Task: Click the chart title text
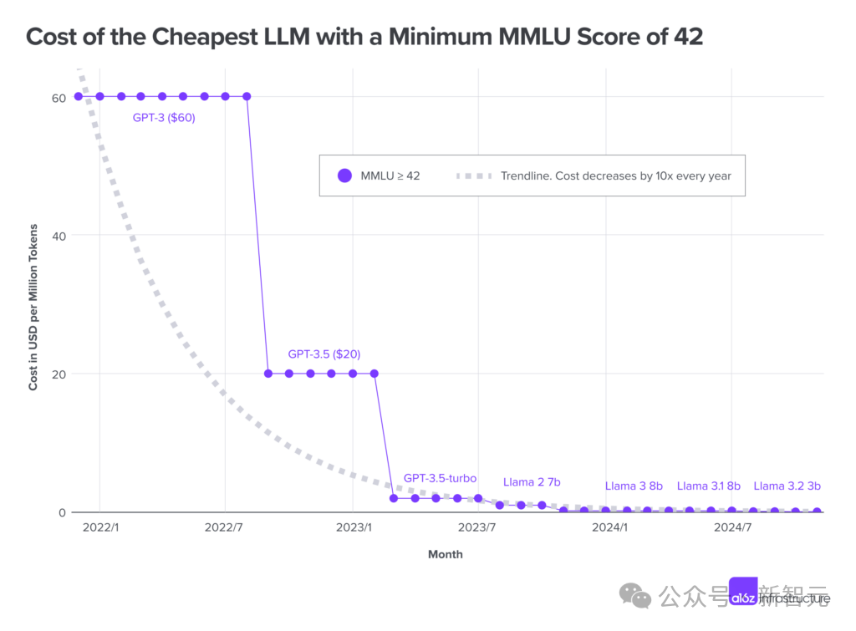(364, 36)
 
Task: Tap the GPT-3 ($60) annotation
(164, 118)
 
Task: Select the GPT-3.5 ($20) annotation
(324, 354)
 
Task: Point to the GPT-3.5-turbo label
(440, 478)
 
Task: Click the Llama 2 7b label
(532, 482)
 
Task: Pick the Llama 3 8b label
(634, 486)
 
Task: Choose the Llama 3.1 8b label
(709, 486)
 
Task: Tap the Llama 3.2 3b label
(787, 486)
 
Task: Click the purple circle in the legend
(344, 176)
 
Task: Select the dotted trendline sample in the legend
(473, 176)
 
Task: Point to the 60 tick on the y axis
(58, 96)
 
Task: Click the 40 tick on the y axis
(58, 235)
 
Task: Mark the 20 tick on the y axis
(58, 374)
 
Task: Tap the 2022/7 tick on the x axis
(225, 527)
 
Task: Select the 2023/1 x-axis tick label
(353, 527)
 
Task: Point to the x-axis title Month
(445, 554)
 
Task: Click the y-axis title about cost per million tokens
(33, 307)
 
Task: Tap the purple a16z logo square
(743, 597)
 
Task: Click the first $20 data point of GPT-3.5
(267, 374)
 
